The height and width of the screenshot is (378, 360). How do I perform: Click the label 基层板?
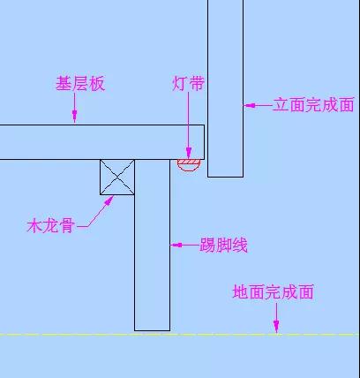point(80,84)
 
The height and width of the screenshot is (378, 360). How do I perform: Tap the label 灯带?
point(188,83)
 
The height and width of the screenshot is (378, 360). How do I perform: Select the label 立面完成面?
point(313,105)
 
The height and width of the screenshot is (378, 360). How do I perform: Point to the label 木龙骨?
point(50,226)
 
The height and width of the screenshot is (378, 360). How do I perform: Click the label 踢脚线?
point(223,245)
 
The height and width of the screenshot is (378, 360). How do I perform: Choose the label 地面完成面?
point(274,291)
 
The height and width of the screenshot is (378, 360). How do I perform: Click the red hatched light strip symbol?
point(189,165)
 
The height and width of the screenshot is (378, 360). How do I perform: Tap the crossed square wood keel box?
point(117,178)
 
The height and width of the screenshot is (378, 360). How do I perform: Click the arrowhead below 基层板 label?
point(75,116)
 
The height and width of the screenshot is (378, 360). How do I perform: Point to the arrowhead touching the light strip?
point(189,154)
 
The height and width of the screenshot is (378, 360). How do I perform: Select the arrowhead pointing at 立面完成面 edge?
point(250,105)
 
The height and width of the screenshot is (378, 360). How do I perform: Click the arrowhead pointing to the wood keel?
point(109,200)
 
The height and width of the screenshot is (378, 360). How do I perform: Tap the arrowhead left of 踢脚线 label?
point(176,245)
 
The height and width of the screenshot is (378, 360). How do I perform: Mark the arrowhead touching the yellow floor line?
point(276,328)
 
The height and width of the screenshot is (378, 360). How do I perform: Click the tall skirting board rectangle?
point(153,245)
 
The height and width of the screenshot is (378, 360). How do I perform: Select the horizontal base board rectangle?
point(102,142)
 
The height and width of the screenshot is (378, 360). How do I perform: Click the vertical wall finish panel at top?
point(226,88)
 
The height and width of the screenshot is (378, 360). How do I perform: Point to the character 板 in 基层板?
point(97,84)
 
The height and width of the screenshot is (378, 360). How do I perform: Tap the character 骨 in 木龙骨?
point(66,226)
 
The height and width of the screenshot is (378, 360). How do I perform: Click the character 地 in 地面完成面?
point(240,291)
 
